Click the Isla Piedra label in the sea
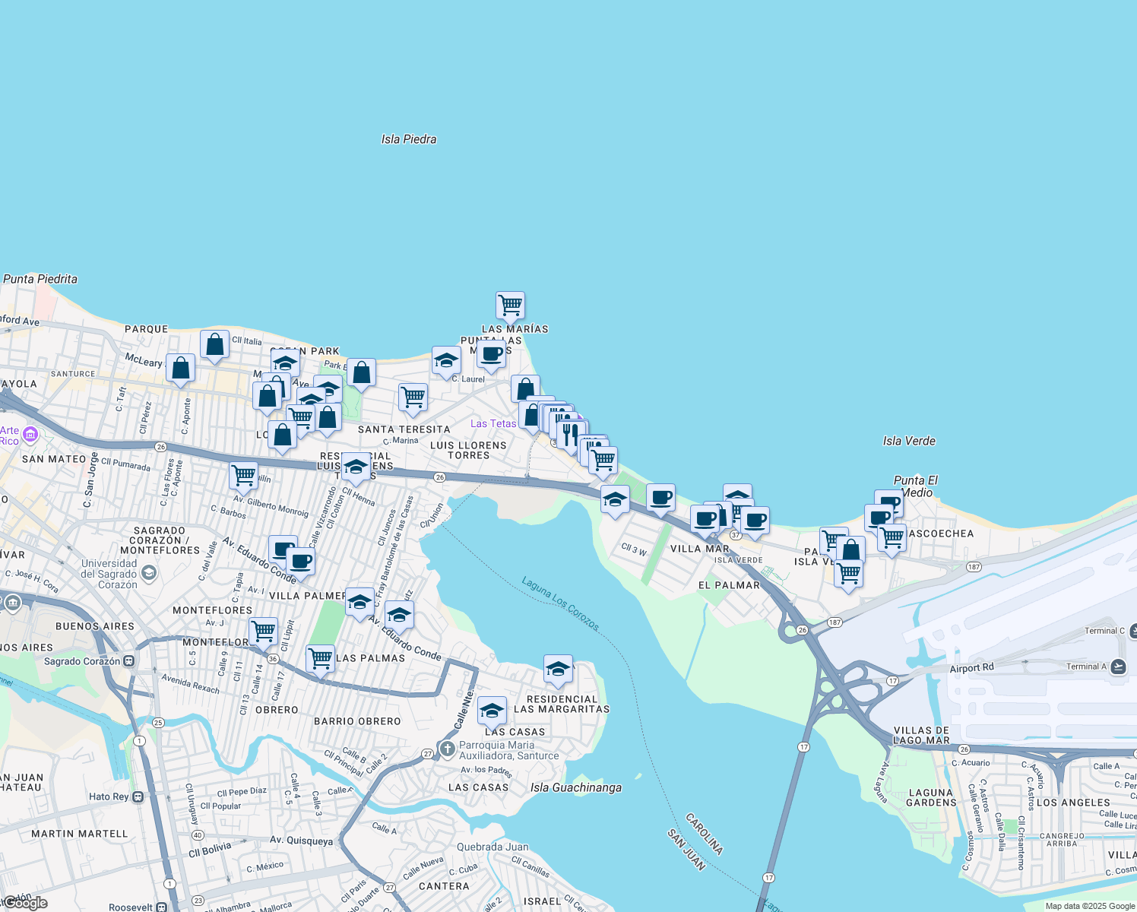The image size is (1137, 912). pyautogui.click(x=409, y=139)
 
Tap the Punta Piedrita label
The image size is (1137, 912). pyautogui.click(x=40, y=279)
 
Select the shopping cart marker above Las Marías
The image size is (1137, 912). pyautogui.click(x=510, y=306)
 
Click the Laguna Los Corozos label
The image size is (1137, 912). pyautogui.click(x=561, y=603)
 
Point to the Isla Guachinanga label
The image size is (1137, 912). pyautogui.click(x=576, y=787)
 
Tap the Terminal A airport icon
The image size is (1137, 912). pyautogui.click(x=1118, y=667)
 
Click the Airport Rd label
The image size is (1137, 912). pyautogui.click(x=971, y=668)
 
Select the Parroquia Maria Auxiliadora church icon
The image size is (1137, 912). pyautogui.click(x=448, y=749)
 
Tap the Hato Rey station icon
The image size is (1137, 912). pyautogui.click(x=138, y=796)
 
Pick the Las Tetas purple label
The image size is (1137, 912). pyautogui.click(x=493, y=423)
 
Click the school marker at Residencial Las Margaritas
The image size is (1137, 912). pyautogui.click(x=558, y=669)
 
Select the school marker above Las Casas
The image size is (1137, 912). pyautogui.click(x=492, y=711)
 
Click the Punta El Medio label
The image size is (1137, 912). pyautogui.click(x=916, y=486)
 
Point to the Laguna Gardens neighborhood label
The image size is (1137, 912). pyautogui.click(x=931, y=797)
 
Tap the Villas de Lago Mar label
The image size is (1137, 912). pyautogui.click(x=921, y=735)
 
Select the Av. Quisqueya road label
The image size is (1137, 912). pyautogui.click(x=301, y=841)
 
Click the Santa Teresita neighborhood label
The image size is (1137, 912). pyautogui.click(x=404, y=429)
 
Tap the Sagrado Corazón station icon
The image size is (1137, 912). pyautogui.click(x=129, y=661)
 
